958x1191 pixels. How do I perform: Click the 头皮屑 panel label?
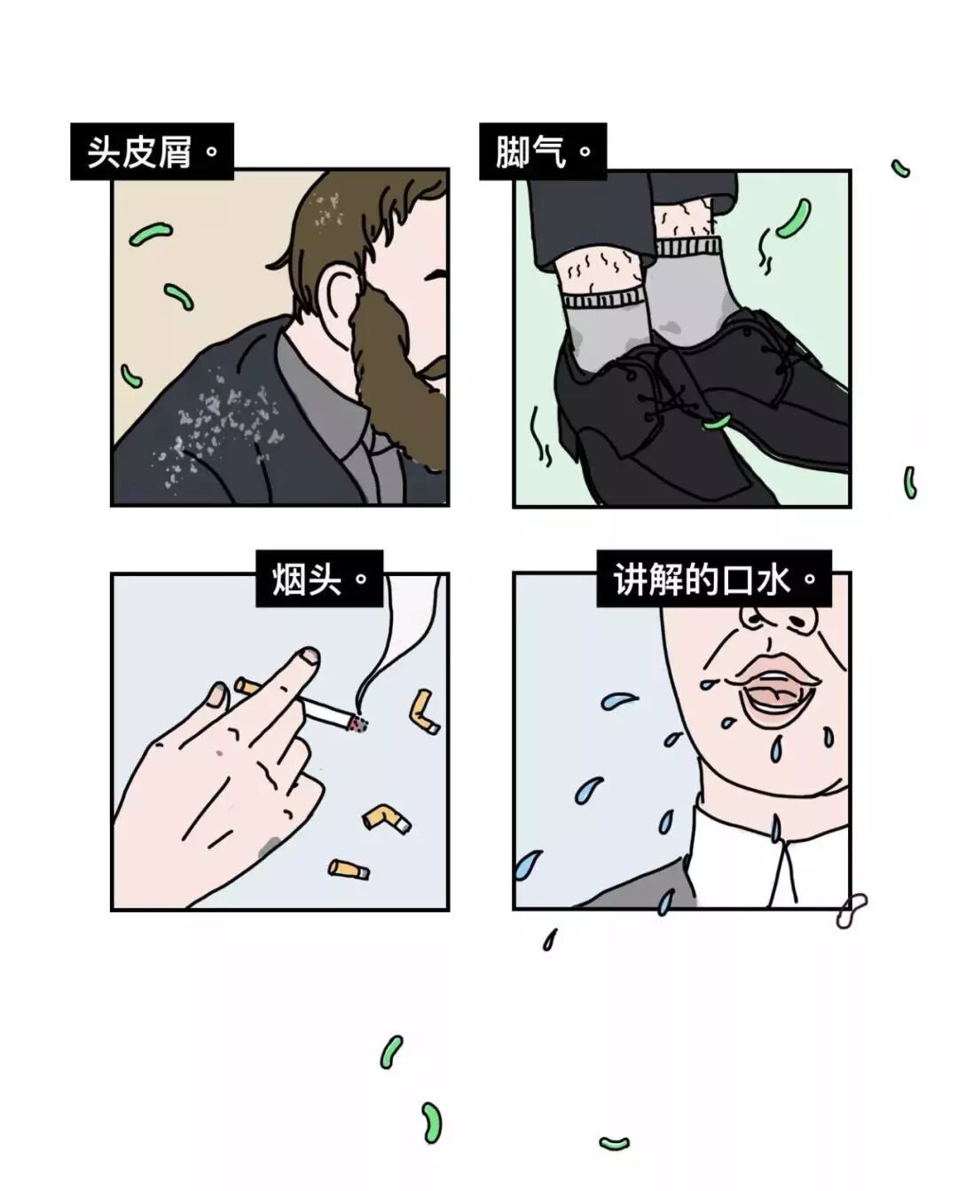pyautogui.click(x=152, y=151)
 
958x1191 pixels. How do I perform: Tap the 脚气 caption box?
pyautogui.click(x=543, y=151)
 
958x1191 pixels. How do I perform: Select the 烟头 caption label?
pyautogui.click(x=319, y=579)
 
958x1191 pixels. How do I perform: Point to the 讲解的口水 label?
pyautogui.click(x=714, y=579)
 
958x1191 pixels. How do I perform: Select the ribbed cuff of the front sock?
pyautogui.click(x=603, y=299)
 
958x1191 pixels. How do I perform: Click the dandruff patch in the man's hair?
pyautogui.click(x=327, y=210)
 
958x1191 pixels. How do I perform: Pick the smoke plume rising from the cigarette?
pyautogui.click(x=398, y=642)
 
